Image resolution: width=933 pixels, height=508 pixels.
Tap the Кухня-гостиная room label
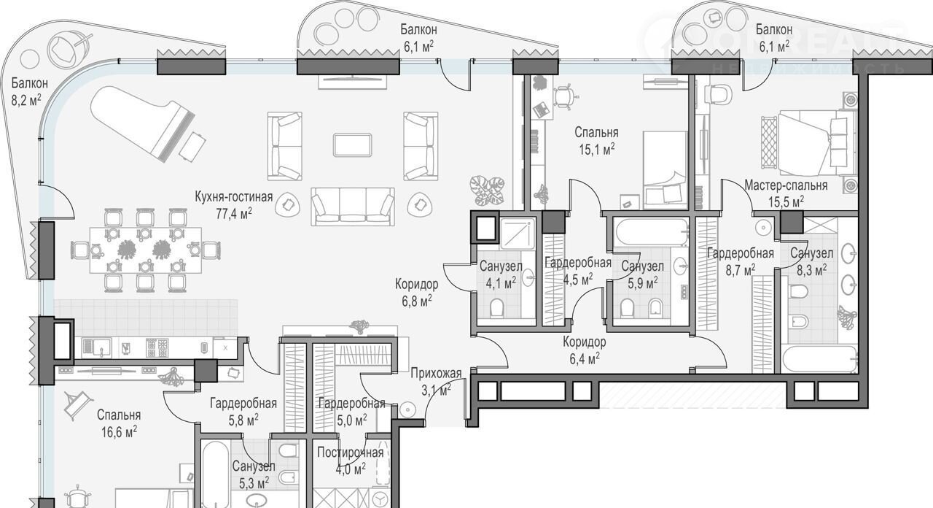click(x=234, y=197)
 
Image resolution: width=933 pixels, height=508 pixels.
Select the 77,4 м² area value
click(x=234, y=214)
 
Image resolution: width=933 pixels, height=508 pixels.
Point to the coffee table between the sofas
click(x=352, y=145)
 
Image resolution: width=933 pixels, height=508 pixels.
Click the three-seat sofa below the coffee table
click(x=352, y=207)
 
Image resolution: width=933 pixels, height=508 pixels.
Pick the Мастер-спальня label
click(x=786, y=185)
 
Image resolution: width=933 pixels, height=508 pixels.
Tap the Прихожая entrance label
click(x=436, y=373)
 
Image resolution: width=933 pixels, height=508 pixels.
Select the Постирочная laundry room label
click(x=351, y=453)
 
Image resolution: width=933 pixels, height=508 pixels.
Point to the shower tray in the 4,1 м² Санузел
click(x=518, y=234)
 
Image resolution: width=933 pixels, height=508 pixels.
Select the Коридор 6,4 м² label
click(x=584, y=350)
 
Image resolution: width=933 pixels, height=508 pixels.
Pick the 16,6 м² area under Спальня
click(x=119, y=431)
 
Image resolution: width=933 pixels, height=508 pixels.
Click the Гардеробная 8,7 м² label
click(x=741, y=261)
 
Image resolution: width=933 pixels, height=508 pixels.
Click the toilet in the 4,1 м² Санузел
click(x=496, y=309)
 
